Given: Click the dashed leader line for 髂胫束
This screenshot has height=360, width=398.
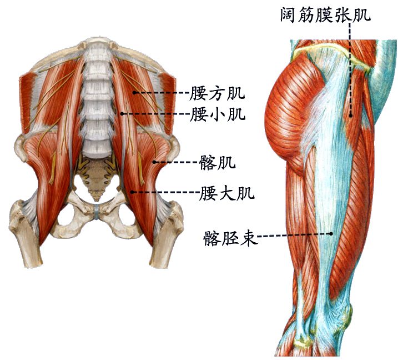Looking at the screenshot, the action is click(294, 236).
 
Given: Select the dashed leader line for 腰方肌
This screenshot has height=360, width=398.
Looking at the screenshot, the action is click(161, 92).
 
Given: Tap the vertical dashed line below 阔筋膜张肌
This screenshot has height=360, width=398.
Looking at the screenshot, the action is click(350, 67).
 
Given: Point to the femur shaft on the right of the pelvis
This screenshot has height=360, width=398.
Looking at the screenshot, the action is click(164, 244).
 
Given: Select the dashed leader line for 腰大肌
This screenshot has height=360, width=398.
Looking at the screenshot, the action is click(167, 192).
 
